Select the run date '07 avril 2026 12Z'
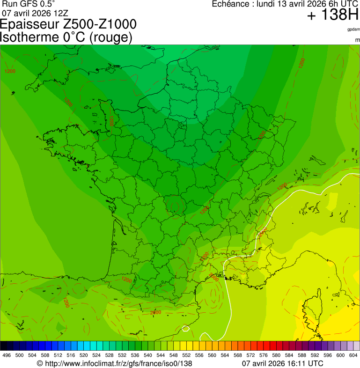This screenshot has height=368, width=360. click(35, 13)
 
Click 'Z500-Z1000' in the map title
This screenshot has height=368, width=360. click(96, 24)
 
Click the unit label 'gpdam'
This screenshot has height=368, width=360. click(353, 29)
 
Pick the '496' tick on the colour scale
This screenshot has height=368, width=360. click(7, 355)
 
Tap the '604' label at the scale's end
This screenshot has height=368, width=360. click(353, 355)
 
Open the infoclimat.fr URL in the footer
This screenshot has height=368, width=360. click(114, 363)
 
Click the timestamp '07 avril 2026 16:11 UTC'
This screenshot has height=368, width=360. click(282, 363)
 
